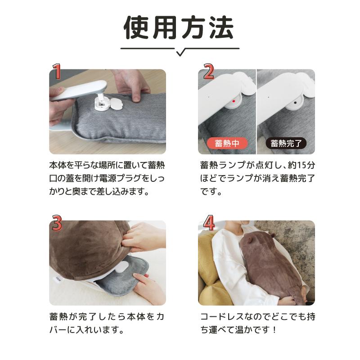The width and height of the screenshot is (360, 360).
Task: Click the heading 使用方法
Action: [x=179, y=28]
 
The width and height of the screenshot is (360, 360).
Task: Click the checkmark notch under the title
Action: [x=180, y=53]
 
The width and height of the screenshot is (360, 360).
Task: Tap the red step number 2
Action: [x=208, y=72]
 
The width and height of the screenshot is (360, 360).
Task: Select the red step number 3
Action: [x=57, y=224]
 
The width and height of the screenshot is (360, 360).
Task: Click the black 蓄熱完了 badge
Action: [x=286, y=144]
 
